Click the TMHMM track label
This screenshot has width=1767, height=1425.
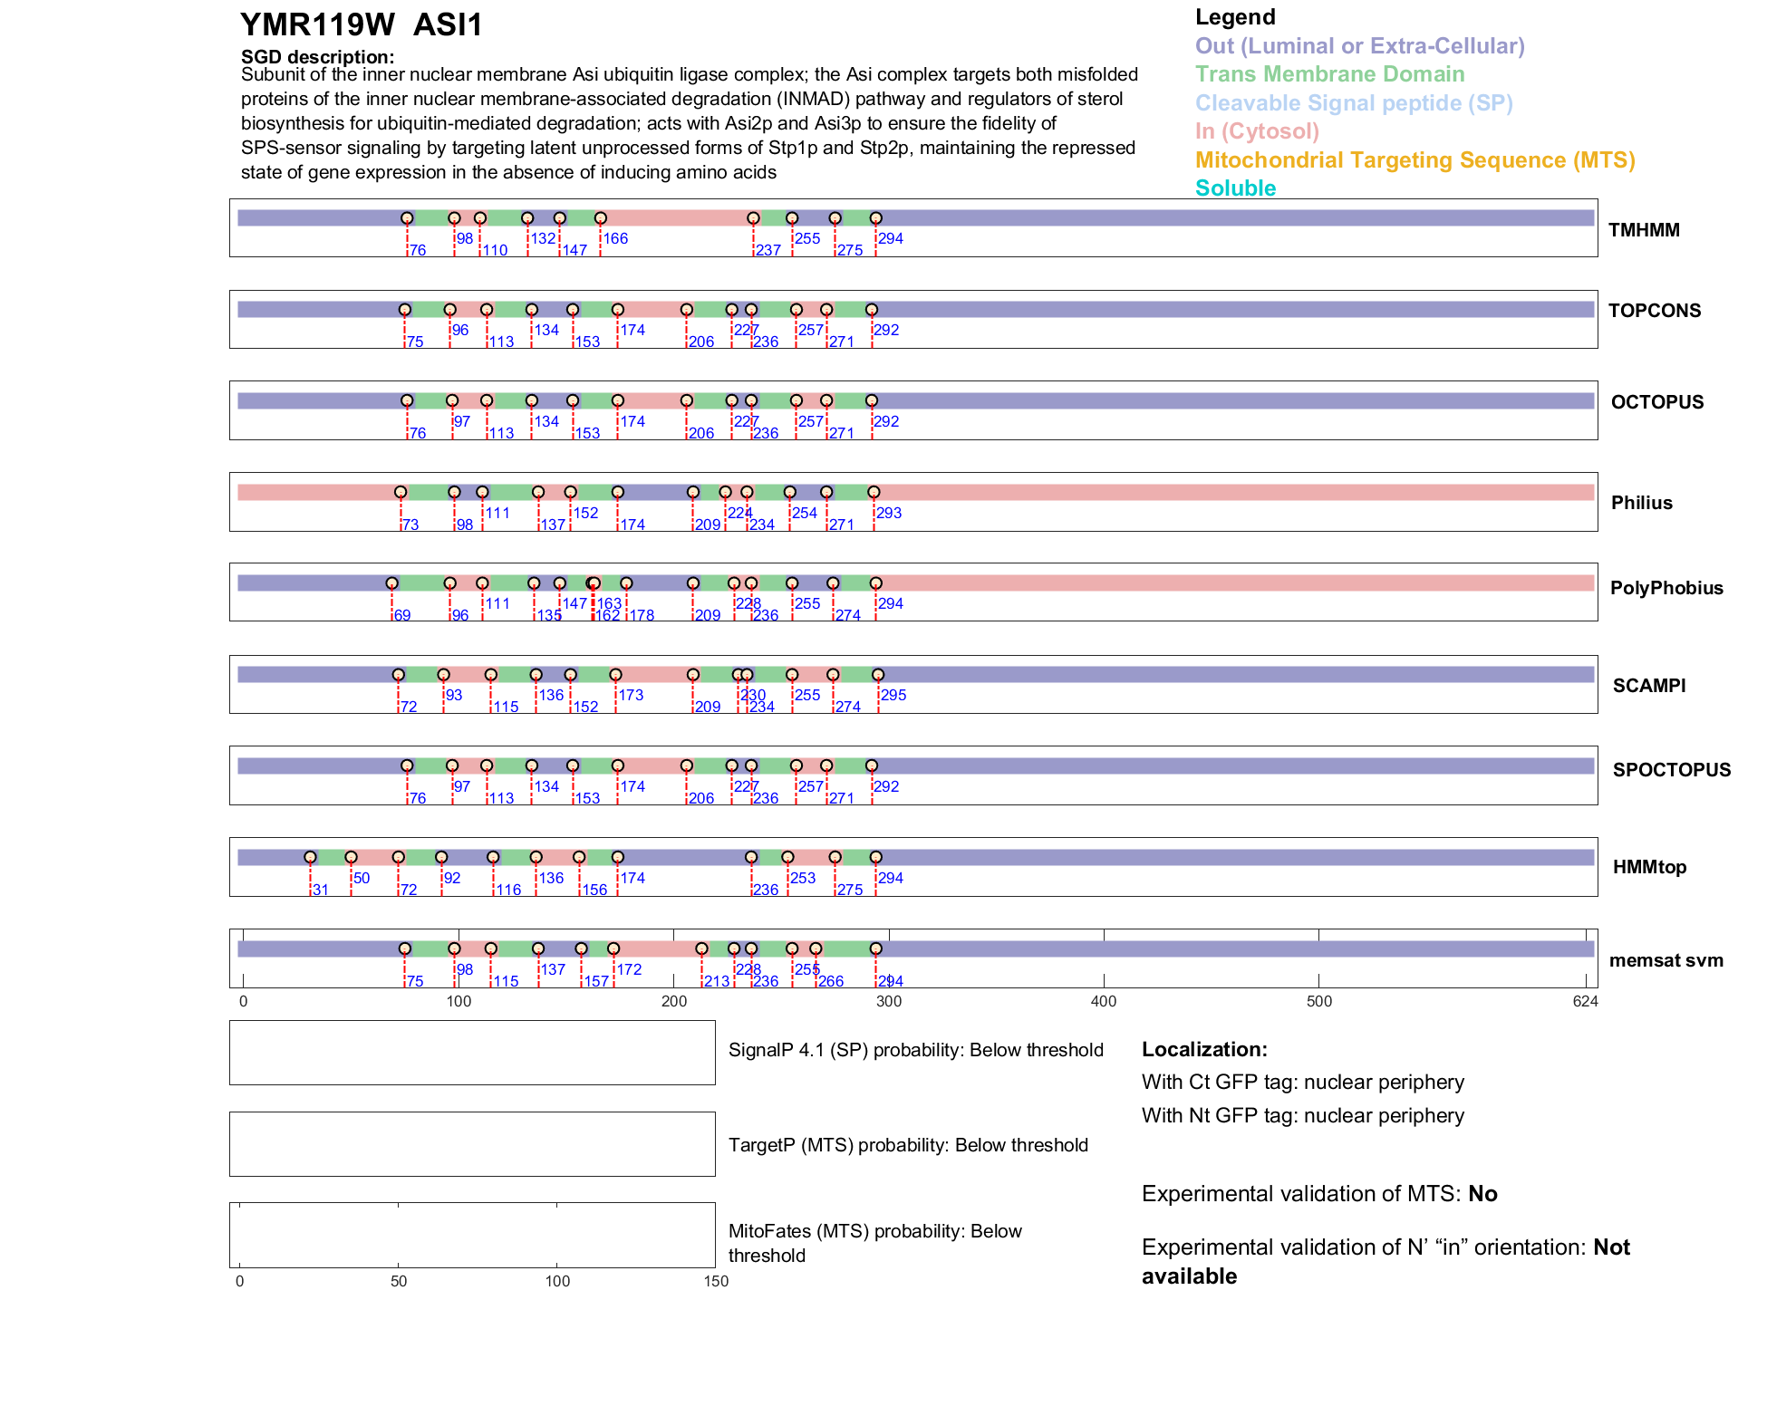tap(1643, 230)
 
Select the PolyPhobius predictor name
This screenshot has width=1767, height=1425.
tap(1666, 588)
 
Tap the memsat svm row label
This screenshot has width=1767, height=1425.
tap(1666, 960)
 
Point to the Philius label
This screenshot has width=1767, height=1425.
tap(1641, 503)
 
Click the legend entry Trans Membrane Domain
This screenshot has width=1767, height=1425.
tap(1329, 74)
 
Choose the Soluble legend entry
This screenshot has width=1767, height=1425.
tap(1235, 188)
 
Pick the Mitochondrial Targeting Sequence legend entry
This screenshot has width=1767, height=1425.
tap(1415, 160)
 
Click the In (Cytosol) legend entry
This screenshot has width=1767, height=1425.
tap(1257, 131)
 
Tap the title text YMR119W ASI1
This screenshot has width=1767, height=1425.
tap(362, 25)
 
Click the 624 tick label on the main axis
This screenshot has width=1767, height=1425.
tap(1585, 1001)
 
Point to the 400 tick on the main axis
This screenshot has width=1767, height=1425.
tap(1104, 1001)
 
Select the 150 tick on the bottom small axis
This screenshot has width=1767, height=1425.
tap(716, 1281)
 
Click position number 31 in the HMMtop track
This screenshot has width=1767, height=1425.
tap(321, 890)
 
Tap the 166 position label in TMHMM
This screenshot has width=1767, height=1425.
tap(615, 238)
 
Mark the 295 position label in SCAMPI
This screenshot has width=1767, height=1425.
tap(893, 695)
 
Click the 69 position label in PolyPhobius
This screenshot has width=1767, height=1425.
tap(402, 615)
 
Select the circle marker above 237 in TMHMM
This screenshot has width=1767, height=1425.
tap(753, 218)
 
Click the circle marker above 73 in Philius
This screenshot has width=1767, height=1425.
tap(401, 492)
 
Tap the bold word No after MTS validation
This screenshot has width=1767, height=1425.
tap(1482, 1194)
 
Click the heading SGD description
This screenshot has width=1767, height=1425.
tap(317, 57)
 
